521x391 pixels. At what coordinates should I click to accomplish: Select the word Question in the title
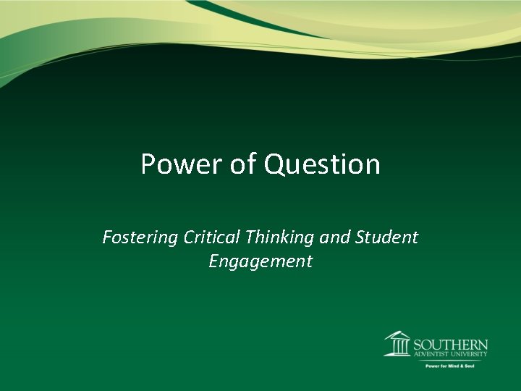[x=322, y=164]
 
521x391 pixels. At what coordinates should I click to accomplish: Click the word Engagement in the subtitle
[x=260, y=261]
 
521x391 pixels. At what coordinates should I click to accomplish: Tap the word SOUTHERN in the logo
[x=449, y=344]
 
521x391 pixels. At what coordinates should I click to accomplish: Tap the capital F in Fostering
[x=107, y=237]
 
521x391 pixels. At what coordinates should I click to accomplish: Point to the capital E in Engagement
[x=213, y=261]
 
